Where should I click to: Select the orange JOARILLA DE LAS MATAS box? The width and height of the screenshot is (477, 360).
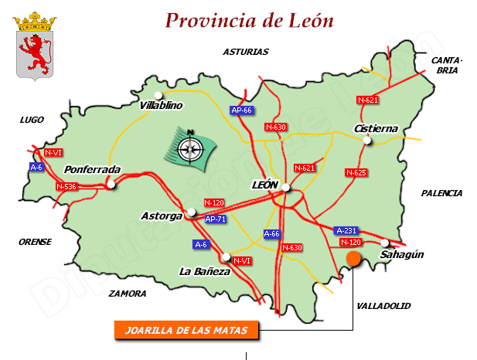coord(186,330)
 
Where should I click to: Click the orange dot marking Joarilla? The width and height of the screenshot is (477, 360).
coord(354,259)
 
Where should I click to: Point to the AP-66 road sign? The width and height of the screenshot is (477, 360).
coord(242,110)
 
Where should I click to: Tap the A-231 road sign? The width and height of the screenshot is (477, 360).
coord(346,230)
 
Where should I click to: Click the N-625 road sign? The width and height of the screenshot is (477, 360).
coord(356,172)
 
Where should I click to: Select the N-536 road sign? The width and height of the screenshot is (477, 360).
coord(66,186)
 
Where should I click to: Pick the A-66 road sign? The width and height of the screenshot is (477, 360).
coord(272,233)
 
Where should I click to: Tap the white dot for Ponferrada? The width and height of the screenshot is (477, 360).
coord(111,184)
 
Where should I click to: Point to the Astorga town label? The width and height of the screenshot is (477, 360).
coord(162,216)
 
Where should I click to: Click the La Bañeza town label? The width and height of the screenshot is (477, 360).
coord(204,271)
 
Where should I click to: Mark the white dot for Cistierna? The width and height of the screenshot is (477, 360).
coord(368,140)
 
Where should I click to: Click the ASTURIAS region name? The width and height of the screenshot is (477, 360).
coord(245,53)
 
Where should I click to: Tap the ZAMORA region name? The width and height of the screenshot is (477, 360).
coord(128,294)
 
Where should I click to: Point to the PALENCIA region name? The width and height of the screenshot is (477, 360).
coord(441,193)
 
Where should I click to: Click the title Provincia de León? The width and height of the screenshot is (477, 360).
coord(250,21)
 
